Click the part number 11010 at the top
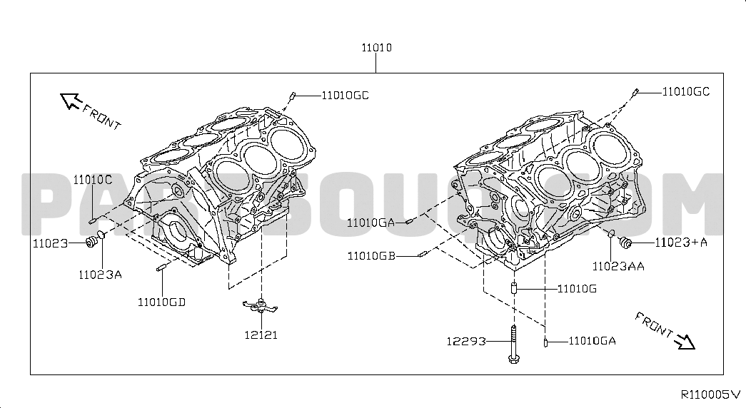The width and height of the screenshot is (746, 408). click(376, 48)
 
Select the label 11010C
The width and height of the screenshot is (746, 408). click(92, 180)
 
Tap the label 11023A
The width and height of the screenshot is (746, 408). click(101, 275)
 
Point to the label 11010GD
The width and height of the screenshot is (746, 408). click(162, 302)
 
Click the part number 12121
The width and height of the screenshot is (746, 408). click(261, 335)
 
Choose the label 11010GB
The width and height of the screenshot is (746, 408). click(372, 256)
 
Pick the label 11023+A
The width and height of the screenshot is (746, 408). click(681, 243)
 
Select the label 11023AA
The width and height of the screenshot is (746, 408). click(618, 266)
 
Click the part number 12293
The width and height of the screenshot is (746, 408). click(466, 341)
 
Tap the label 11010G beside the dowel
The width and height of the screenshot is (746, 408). click(577, 289)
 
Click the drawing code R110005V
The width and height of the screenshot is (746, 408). click(711, 394)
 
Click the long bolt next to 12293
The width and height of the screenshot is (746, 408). click(513, 345)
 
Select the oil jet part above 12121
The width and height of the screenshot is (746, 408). click(261, 305)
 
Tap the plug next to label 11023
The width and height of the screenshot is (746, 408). click(91, 243)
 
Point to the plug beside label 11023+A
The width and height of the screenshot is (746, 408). click(625, 243)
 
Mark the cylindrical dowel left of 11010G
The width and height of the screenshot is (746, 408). click(514, 288)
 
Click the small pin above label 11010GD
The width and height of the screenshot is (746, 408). click(161, 267)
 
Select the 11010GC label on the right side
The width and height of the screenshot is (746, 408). click(686, 91)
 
